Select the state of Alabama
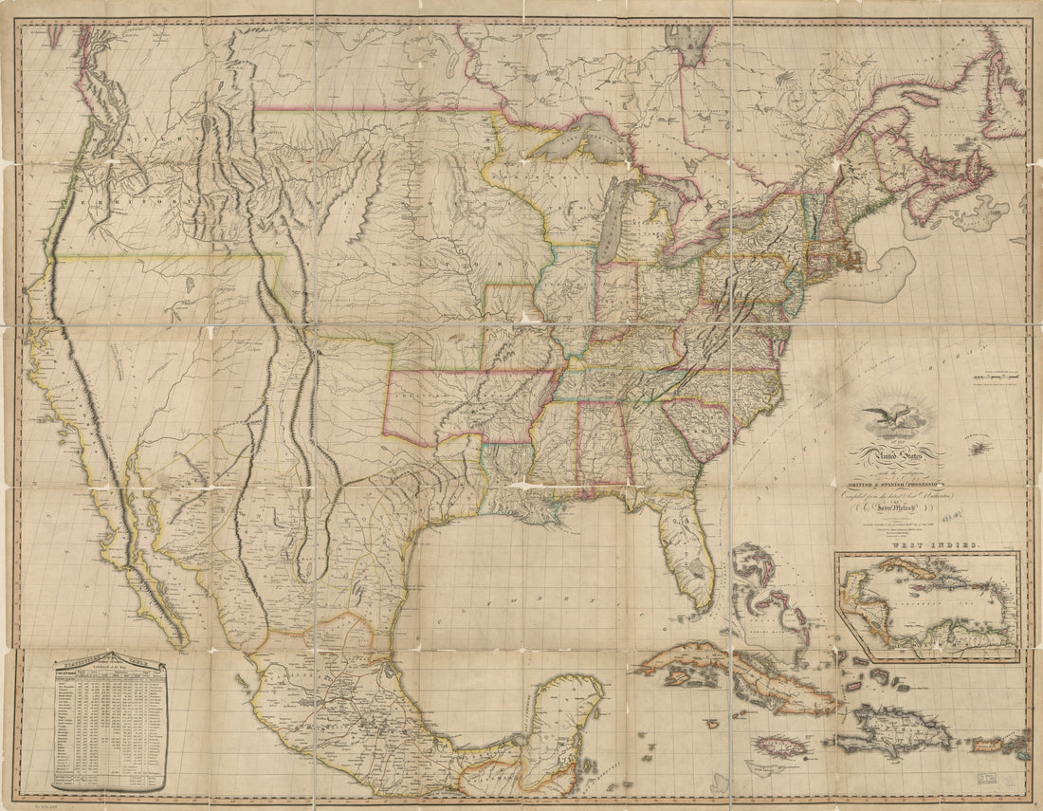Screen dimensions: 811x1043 click(599, 446)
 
